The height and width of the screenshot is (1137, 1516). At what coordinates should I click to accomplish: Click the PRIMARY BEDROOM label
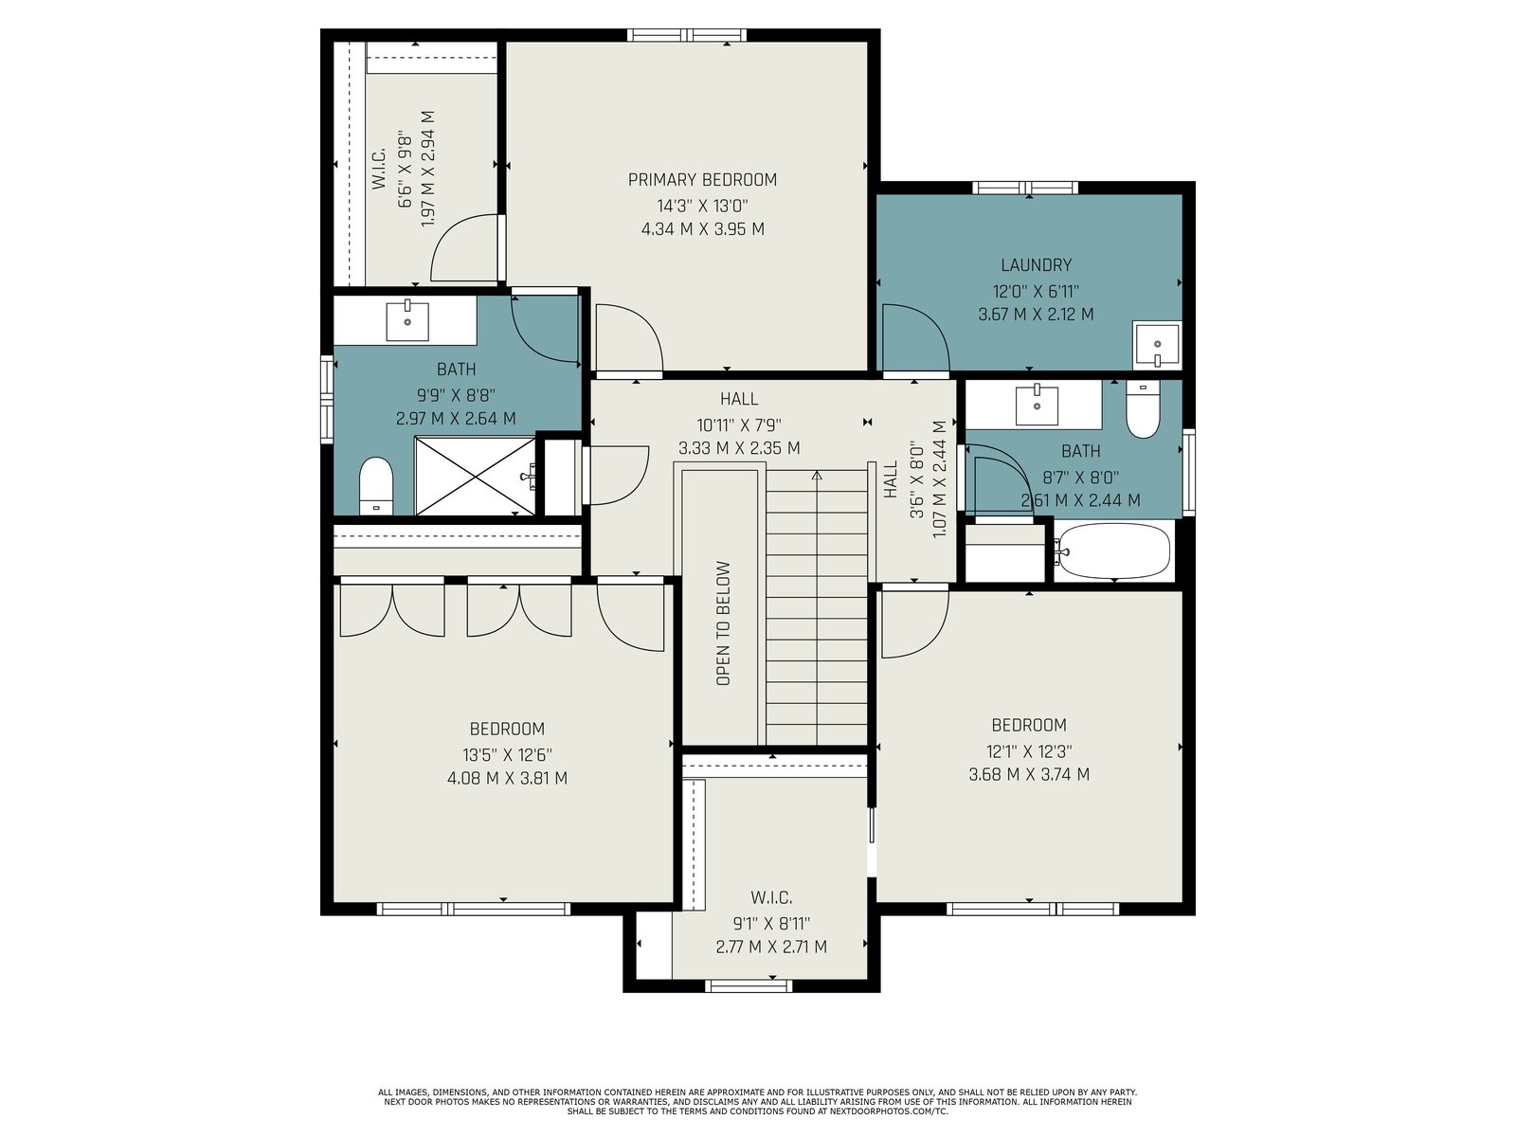click(702, 180)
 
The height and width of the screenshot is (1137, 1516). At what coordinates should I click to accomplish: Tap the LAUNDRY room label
click(1036, 265)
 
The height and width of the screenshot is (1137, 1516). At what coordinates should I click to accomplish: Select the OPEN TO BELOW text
click(723, 623)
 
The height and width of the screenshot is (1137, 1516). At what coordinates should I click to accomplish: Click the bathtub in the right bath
click(1112, 550)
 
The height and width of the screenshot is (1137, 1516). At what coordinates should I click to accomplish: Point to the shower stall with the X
click(475, 476)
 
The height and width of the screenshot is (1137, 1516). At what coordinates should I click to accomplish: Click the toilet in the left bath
click(376, 485)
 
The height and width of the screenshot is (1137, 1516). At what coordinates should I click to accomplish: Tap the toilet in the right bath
click(1143, 409)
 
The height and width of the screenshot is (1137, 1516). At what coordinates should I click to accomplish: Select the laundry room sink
click(1156, 345)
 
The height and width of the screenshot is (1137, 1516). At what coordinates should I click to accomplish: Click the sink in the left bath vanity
click(406, 321)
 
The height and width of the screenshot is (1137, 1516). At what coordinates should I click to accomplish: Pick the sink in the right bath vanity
click(1036, 406)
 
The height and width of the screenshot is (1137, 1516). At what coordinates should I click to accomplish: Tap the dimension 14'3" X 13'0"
click(702, 206)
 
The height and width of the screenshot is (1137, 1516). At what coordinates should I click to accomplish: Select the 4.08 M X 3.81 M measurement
click(507, 779)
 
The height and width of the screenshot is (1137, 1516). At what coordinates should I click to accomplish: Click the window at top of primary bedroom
click(687, 35)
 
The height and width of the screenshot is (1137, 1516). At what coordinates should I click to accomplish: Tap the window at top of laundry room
click(1025, 188)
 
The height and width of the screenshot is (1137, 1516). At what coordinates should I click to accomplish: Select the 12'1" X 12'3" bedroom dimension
click(1029, 751)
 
